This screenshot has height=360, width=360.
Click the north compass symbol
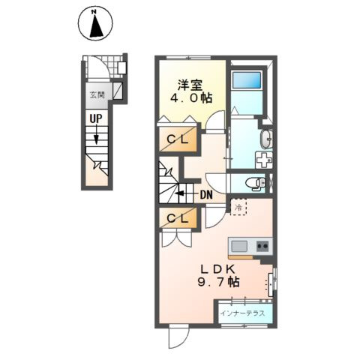(x=95, y=24)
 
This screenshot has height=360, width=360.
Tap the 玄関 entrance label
(x=97, y=95)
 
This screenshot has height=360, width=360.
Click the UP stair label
(x=96, y=118)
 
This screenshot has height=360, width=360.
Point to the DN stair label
(x=206, y=194)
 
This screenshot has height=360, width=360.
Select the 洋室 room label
(x=190, y=85)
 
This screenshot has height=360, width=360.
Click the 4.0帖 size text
(x=191, y=97)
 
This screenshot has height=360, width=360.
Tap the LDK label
(x=217, y=269)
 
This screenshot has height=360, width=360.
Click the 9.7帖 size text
(x=219, y=282)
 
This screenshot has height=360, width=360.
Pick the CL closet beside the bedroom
(x=178, y=139)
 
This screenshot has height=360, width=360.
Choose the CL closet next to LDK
(x=178, y=219)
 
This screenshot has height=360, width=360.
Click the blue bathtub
(x=247, y=80)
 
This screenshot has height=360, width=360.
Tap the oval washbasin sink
(x=266, y=139)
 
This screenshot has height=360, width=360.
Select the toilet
(x=255, y=184)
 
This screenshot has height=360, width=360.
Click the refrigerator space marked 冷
(x=238, y=207)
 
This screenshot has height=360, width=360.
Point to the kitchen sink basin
(x=239, y=246)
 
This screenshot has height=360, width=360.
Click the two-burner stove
(x=262, y=247)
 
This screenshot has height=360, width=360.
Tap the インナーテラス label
(x=243, y=313)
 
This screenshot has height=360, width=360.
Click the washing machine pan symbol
(x=264, y=160)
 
